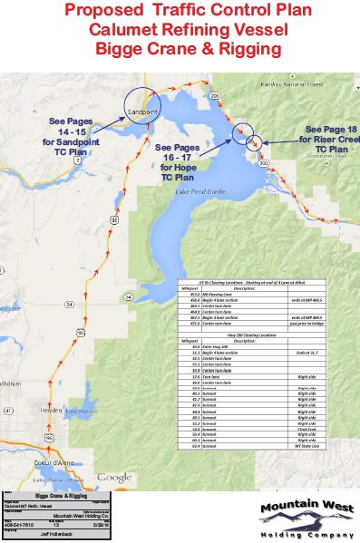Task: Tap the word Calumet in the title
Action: point(112,29)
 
